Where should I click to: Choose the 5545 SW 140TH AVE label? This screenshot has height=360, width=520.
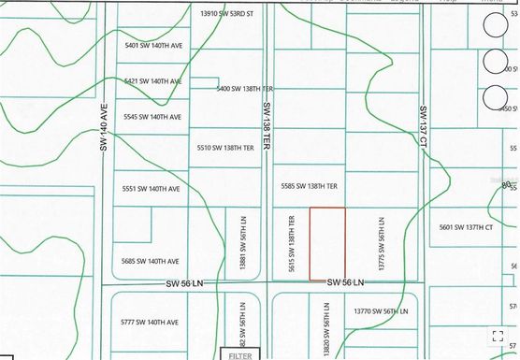152,117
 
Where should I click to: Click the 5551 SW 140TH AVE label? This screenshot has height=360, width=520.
151,189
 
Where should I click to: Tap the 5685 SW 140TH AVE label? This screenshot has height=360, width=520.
151,261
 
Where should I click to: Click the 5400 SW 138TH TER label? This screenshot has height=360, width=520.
244,89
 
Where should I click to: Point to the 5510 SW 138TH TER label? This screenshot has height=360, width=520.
226,148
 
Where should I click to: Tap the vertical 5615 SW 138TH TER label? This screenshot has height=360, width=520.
292,244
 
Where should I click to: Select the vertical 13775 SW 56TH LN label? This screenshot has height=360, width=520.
382,245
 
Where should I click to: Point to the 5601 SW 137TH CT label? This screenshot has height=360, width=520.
471,226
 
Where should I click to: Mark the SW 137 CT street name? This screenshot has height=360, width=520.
423,124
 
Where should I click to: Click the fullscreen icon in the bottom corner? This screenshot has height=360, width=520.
498,337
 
